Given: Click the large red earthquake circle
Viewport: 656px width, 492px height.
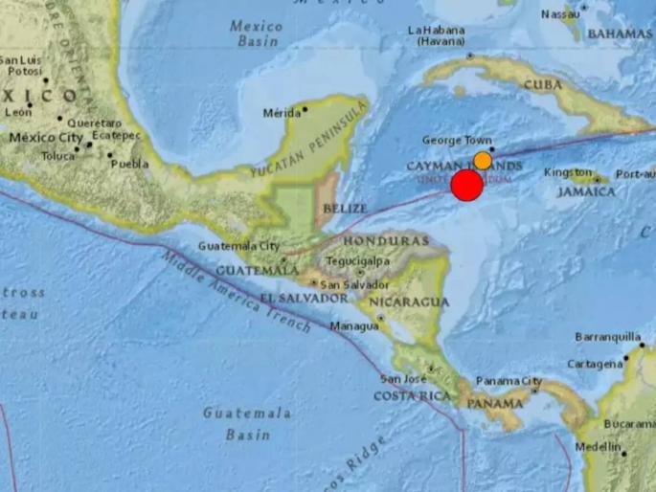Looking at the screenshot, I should click(x=466, y=186).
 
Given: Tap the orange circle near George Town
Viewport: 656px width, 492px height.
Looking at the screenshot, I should click(x=483, y=161).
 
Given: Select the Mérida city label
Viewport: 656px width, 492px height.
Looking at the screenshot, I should click(x=282, y=113).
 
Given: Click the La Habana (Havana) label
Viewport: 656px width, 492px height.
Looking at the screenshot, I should click(x=437, y=35).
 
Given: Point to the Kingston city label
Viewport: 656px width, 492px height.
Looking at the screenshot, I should click(x=568, y=172).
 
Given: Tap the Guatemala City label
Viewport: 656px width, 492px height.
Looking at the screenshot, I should click(x=238, y=246).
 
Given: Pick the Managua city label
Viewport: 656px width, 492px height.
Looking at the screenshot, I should click(x=353, y=325).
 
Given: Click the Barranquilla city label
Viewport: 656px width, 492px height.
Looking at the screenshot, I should click(x=606, y=337).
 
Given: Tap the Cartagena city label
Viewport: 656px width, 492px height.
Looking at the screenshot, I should click(x=594, y=364).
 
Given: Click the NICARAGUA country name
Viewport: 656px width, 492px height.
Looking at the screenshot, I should click(x=414, y=302).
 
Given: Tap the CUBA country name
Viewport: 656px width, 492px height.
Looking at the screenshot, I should click(x=541, y=85).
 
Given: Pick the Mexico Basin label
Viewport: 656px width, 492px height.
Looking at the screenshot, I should click(x=256, y=34).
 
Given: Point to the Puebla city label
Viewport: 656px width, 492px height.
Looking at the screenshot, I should click(x=129, y=164).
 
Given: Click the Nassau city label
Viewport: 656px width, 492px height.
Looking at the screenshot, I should click(x=560, y=13).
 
